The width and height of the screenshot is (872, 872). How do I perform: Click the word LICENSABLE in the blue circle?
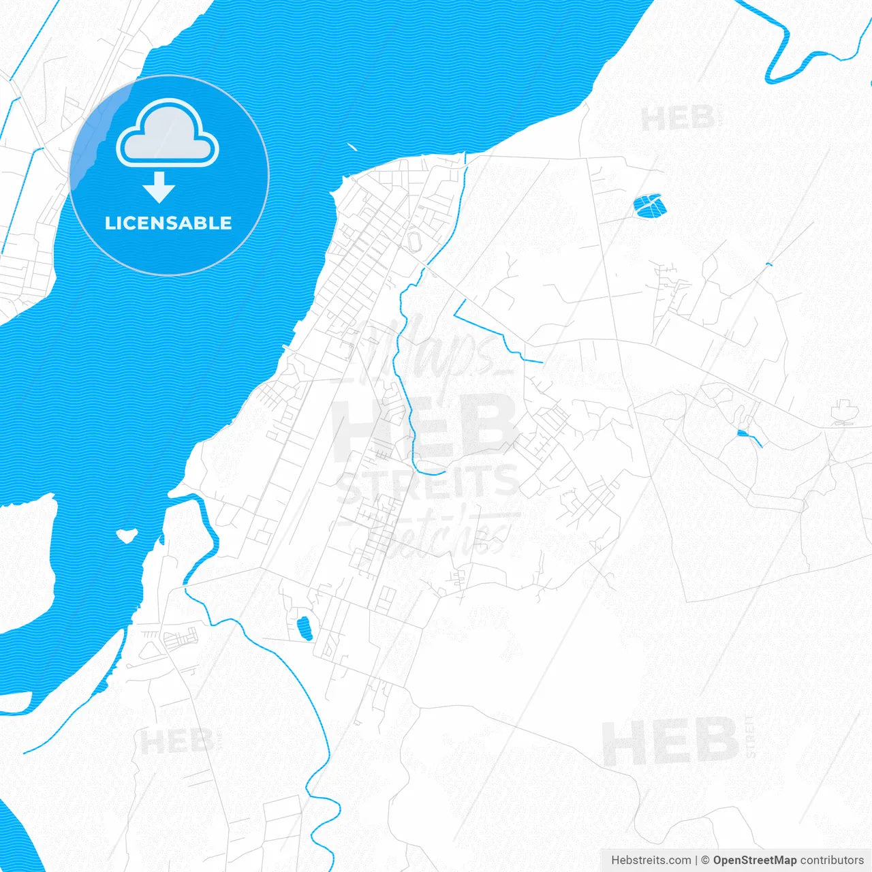coord(168,223)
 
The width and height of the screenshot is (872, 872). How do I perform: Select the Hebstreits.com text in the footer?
coord(651,860)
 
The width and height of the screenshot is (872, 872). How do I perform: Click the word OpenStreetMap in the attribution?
coord(754,860)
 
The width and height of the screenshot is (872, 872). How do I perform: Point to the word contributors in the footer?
coord(832,860)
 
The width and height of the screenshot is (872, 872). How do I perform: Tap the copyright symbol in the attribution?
coord(705,860)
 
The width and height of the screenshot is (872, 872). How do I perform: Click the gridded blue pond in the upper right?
coord(649,204)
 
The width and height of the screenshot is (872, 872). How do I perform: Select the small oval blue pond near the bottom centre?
coord(305,628)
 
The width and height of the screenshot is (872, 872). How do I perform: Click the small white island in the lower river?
coord(126,535)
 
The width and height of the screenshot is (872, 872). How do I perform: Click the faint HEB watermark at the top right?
coord(677,119)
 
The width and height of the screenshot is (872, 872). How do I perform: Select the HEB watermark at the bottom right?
coord(670,741)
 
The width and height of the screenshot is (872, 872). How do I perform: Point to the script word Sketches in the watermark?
coord(436,535)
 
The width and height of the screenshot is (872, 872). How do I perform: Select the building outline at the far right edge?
coord(843,413)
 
